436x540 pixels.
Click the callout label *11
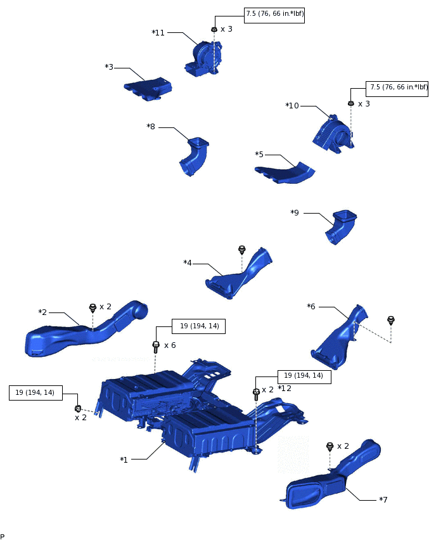(x=158, y=32)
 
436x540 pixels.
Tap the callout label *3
(x=109, y=67)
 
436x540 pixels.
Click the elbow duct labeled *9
(x=342, y=227)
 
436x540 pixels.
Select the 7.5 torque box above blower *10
(x=397, y=87)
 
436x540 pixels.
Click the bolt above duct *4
(x=241, y=249)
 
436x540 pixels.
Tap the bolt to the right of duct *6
(x=391, y=320)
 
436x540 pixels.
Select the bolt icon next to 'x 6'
(x=155, y=346)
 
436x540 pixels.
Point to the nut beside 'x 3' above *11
(x=214, y=29)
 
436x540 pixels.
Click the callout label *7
(x=383, y=500)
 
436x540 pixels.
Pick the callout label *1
(x=124, y=460)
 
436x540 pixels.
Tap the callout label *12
(x=285, y=388)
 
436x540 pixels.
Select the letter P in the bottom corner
(x=3, y=536)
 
